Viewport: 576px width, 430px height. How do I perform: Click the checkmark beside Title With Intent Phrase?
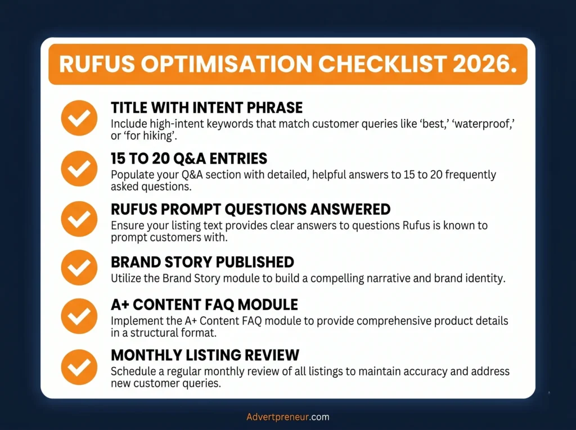coord(79,118)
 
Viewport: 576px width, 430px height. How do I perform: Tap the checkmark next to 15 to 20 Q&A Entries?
coord(79,169)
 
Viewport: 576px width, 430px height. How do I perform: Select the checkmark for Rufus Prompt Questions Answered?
coord(79,219)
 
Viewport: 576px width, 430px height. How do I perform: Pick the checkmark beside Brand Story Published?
coord(79,268)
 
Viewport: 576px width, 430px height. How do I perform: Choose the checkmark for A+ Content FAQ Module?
coord(79,316)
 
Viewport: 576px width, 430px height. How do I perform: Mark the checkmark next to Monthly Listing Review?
coord(79,367)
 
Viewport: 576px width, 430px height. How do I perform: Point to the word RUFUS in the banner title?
coord(97,64)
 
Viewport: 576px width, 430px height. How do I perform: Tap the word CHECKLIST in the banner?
coord(382,64)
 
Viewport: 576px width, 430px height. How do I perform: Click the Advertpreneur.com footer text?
coord(287,417)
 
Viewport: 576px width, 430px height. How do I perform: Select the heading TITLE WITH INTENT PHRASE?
coord(207,107)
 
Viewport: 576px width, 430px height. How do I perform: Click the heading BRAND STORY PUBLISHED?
coord(202,262)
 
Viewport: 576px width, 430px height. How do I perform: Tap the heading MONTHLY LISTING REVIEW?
coord(205,355)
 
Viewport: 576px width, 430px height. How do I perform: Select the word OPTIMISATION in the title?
coord(226,64)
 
